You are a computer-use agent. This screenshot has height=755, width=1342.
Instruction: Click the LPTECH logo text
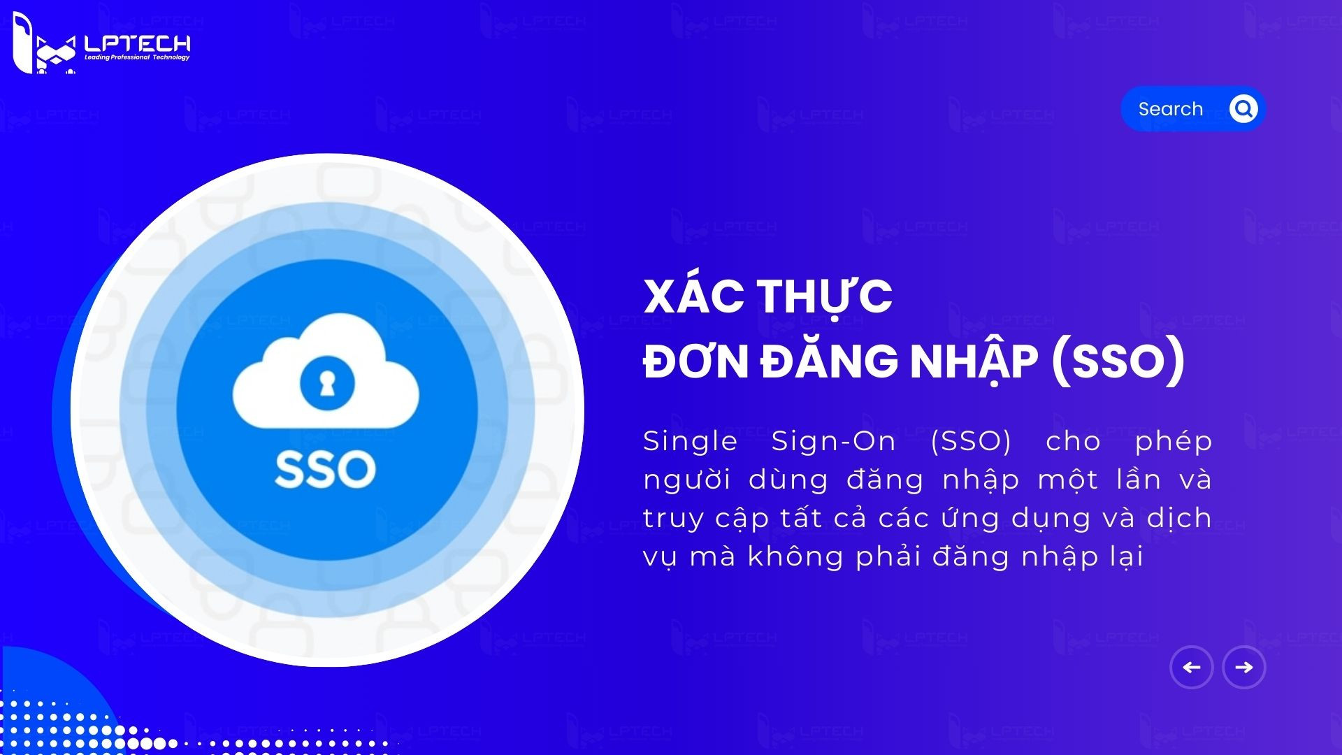click(137, 43)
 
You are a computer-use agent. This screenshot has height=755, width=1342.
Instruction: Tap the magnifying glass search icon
click(1243, 109)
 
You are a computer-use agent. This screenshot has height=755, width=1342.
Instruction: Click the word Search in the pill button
click(1171, 109)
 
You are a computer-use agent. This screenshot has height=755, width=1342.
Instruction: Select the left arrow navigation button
click(1192, 668)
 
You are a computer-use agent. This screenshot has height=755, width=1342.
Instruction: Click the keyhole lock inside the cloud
click(326, 382)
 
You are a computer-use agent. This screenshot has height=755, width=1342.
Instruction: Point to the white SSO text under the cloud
click(326, 469)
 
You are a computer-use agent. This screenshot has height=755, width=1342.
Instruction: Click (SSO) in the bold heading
click(1118, 361)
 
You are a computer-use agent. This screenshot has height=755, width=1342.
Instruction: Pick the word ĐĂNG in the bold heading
click(829, 361)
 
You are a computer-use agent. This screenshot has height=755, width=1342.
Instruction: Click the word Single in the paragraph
click(690, 441)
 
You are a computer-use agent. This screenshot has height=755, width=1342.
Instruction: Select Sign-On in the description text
click(833, 441)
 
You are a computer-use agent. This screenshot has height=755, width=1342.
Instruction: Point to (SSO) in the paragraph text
click(971, 441)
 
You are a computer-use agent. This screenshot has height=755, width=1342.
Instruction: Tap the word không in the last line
click(795, 556)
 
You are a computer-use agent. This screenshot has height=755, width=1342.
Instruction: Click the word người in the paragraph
click(686, 480)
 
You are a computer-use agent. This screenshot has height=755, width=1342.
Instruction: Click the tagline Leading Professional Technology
click(137, 57)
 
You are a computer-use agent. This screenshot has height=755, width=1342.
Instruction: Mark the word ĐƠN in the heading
click(695, 361)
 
